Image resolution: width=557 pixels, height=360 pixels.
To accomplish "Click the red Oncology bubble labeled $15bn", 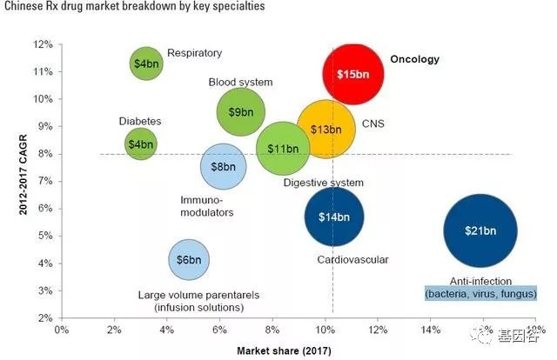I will coord(354,74).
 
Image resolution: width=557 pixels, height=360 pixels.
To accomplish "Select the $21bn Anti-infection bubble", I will coord(480,230).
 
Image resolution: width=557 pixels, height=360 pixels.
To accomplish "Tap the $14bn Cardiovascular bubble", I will coord(333,217).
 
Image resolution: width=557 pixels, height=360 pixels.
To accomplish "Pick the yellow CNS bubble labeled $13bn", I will coord(326,129).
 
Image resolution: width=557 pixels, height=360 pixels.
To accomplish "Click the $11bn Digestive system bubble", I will coord(284,149).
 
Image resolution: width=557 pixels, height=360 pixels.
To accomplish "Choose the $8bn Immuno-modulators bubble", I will coord(224,166).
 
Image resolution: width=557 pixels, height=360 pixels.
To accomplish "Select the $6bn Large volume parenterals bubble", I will coord(189,260).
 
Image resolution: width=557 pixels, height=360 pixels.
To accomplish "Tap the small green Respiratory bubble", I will coord(146,63).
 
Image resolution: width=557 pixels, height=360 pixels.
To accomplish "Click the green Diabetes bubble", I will coord(140,143).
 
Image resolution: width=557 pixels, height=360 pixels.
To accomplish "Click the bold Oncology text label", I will coord(414,60).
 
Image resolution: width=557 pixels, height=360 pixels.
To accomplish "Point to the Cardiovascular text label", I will coord(352,259).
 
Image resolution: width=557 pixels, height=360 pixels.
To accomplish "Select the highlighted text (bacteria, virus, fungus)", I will coord(480,294).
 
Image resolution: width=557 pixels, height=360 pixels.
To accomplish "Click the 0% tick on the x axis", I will coord(61,330).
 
